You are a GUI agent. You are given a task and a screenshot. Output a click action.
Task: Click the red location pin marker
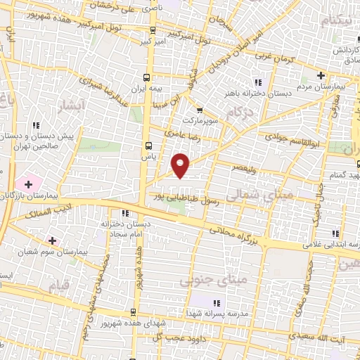point(181,165)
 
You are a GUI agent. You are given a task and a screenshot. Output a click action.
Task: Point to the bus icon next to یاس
point(148,146)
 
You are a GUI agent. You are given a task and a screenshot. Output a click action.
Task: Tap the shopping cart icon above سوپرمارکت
point(200,110)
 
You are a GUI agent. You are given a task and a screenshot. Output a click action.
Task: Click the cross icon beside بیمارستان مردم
point(321,75)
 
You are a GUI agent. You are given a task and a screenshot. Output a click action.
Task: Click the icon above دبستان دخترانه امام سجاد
point(124,214)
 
